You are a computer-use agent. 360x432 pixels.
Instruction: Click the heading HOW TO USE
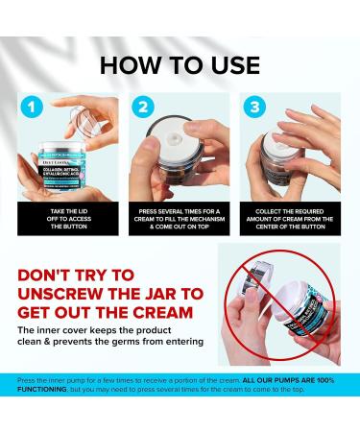point(180,64)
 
